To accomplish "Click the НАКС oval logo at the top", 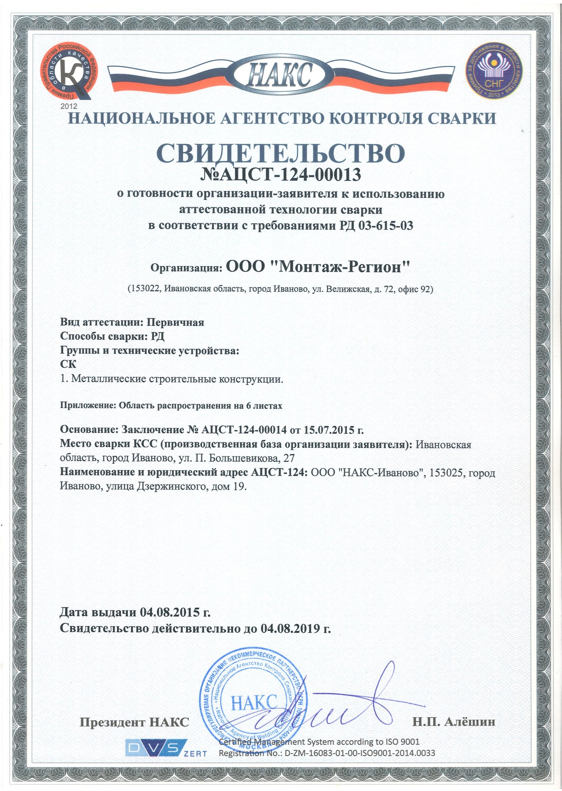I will click(x=280, y=76).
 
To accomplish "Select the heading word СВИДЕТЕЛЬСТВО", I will click(x=280, y=153).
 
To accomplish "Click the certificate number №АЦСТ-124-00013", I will click(x=280, y=175).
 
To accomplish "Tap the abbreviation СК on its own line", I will click(x=68, y=364).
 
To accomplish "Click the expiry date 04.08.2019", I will click(x=290, y=629).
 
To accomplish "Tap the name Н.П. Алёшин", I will click(x=454, y=722).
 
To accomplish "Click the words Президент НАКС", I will click(x=134, y=722).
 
